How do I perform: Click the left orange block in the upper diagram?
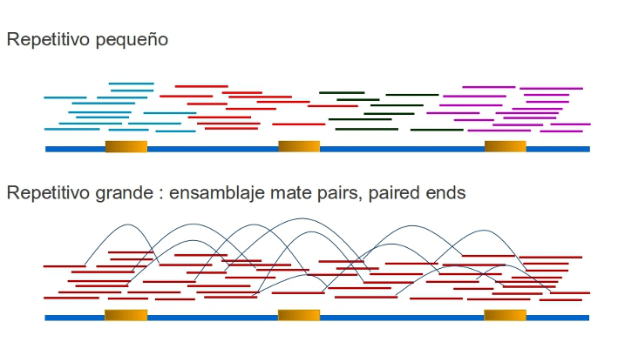tap(126, 146)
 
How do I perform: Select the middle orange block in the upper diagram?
tap(299, 146)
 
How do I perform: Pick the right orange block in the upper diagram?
tap(506, 146)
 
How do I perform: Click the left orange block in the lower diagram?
tap(126, 315)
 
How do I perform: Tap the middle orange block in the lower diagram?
tap(299, 315)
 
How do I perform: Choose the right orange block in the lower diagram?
tap(506, 315)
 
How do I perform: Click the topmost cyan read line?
tap(132, 84)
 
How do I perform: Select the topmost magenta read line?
tap(488, 87)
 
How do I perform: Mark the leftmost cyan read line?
tap(65, 97)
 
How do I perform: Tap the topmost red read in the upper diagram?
tap(200, 86)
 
